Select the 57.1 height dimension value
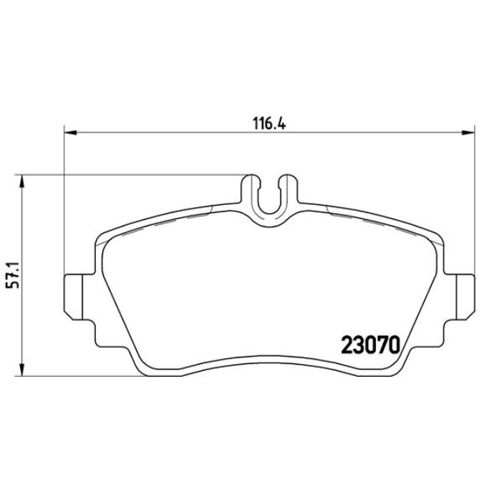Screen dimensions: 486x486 [11, 275]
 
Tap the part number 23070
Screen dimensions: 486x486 [372, 344]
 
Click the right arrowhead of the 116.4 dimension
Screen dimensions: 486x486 [467, 134]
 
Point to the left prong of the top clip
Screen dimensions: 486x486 [252, 191]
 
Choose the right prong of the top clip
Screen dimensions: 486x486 [286, 191]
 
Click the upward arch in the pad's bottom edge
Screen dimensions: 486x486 [269, 359]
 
